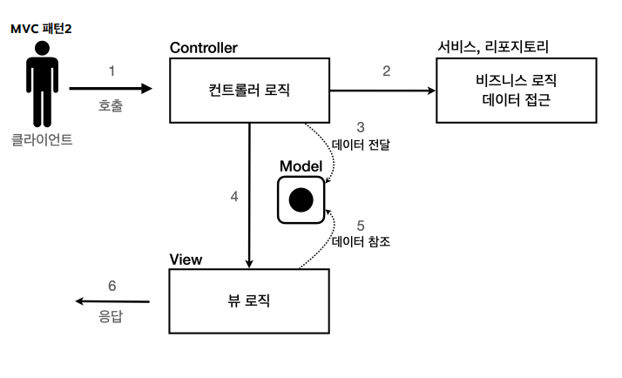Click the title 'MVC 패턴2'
[x=41, y=29]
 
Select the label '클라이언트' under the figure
[x=42, y=138]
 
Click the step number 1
[x=112, y=71]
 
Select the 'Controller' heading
[x=204, y=47]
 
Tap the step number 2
[x=387, y=71]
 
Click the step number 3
[x=361, y=127]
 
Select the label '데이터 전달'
[x=361, y=145]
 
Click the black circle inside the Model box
[x=301, y=199]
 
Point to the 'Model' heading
[x=301, y=166]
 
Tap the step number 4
[x=234, y=197]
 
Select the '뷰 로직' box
[x=248, y=300]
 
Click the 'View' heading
[x=186, y=260]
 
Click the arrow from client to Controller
[x=110, y=88]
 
